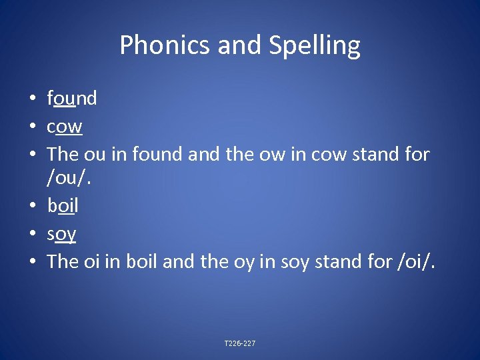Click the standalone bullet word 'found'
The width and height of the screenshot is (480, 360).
pos(72,99)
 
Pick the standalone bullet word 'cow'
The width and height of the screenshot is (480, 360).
pos(65,126)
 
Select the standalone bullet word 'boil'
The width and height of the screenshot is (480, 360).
pos(63,206)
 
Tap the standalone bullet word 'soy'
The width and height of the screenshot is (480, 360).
pos(61,234)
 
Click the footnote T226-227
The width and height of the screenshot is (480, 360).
pos(240,343)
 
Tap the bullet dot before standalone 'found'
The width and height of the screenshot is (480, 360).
pos(32,99)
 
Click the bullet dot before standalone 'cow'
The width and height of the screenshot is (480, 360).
pos(32,127)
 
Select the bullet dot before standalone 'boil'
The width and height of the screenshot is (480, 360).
pos(32,207)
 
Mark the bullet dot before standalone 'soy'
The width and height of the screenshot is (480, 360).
pos(32,234)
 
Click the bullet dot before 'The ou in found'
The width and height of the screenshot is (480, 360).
pos(32,154)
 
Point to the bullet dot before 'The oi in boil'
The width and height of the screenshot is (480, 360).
pos(32,261)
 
